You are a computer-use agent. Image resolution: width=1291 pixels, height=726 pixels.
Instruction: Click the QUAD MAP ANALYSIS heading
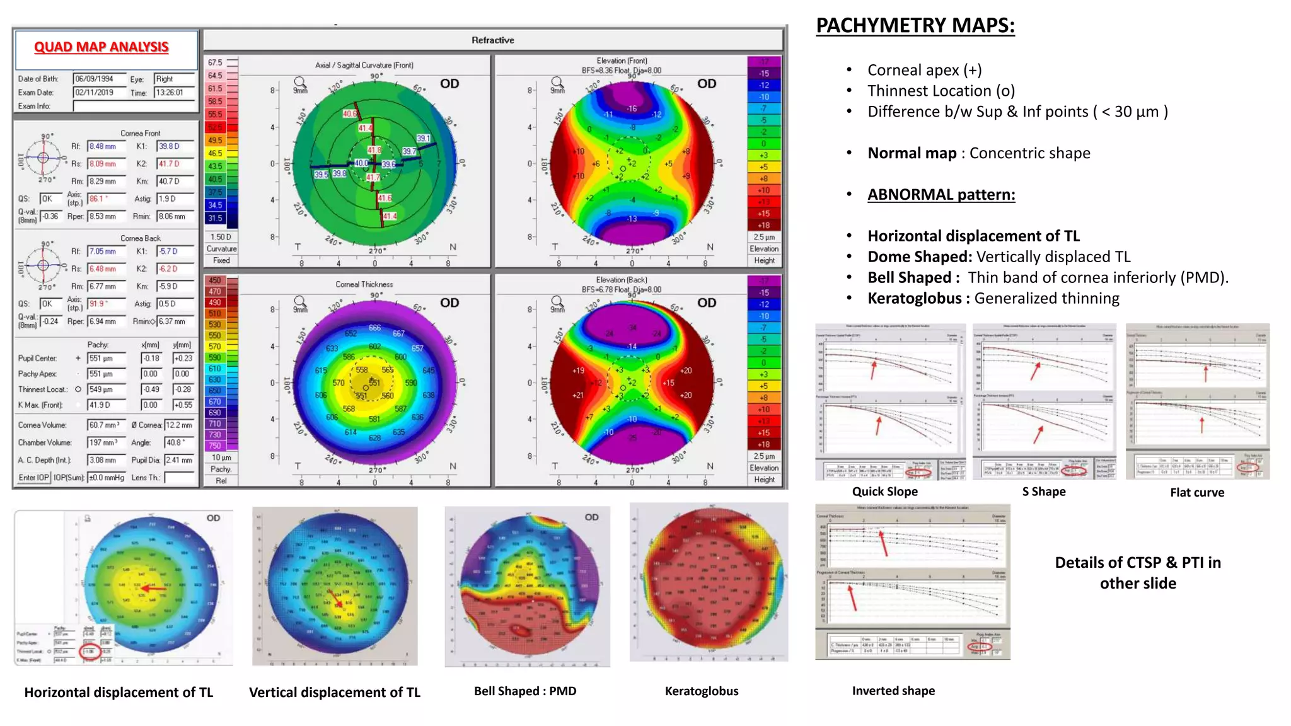coord(101,47)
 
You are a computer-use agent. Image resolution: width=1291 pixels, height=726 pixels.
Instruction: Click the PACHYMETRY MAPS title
coord(915,25)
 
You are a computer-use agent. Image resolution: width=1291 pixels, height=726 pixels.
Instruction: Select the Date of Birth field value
coord(94,79)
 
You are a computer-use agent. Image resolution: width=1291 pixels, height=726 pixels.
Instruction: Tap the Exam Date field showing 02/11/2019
coord(94,93)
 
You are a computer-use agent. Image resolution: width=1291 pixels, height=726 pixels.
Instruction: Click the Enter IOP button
coord(33,478)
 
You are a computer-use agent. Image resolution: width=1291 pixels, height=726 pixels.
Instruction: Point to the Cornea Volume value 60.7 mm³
coord(105,425)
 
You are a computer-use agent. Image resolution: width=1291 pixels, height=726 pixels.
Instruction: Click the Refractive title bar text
coord(492,40)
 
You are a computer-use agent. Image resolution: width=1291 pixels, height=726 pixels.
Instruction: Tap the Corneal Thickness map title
coord(364,284)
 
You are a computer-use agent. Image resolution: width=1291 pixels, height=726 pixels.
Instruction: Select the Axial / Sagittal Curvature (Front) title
coord(364,65)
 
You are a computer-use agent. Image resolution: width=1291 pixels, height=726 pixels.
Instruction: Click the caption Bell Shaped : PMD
coord(525,691)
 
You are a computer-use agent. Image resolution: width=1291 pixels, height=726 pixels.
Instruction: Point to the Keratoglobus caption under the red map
coord(702,691)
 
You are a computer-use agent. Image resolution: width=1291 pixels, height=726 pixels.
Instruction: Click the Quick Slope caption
coord(884,492)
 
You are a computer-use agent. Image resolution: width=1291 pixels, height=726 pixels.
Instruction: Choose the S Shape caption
coord(1044,492)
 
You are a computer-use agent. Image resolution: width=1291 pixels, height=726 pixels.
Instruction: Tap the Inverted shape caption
coord(893,691)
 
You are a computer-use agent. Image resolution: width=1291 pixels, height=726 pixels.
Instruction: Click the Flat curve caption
coord(1197,493)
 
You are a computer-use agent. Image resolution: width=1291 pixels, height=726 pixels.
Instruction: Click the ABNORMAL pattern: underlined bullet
coord(941,195)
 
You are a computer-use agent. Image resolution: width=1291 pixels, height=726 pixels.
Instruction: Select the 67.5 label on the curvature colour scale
coord(215,62)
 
